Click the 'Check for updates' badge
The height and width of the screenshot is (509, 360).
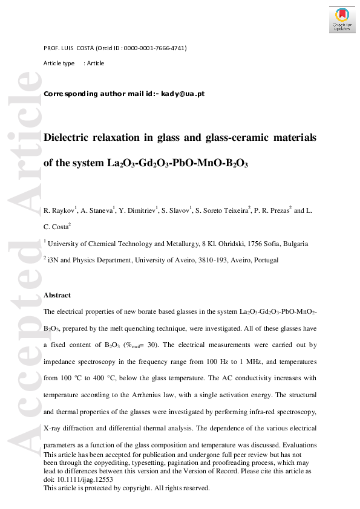tap(342, 20)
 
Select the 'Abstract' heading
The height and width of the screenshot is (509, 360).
tap(57, 295)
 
